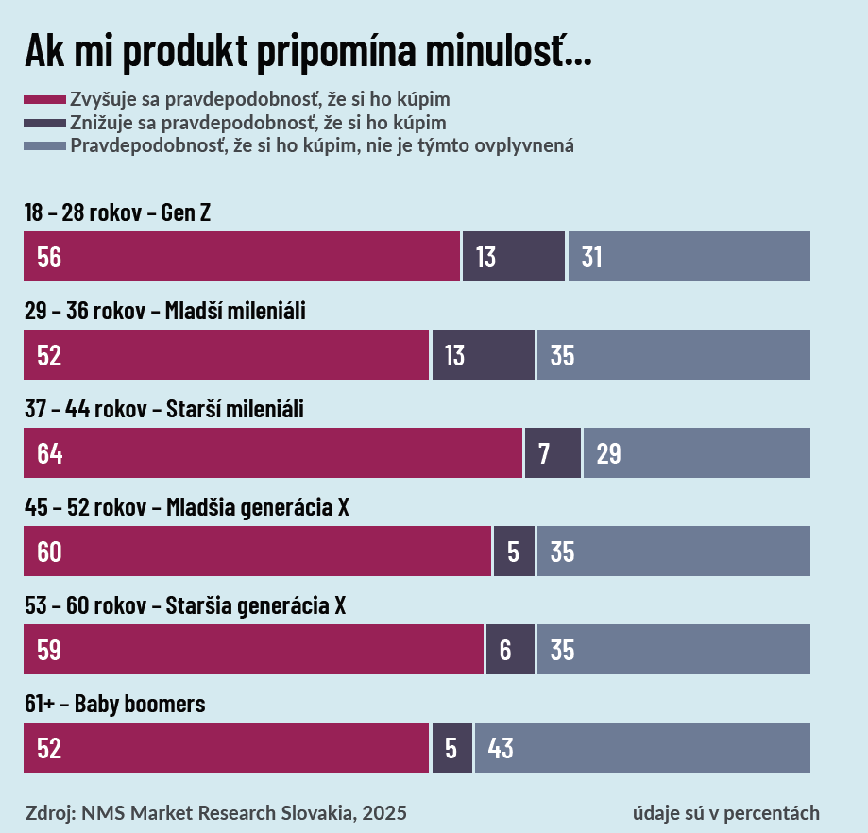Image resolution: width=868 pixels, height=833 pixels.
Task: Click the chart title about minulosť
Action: tap(307, 51)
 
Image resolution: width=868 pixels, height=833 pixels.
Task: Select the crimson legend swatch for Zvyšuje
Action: tap(45, 99)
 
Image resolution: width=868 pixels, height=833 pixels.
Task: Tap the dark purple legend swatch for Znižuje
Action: tap(45, 123)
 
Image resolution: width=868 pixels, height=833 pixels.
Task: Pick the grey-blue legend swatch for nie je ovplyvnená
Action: tap(45, 146)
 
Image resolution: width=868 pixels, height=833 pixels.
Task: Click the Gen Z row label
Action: tap(117, 213)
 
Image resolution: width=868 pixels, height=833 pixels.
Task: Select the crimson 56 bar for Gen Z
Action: tap(242, 257)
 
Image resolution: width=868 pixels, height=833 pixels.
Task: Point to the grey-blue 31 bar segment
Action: tap(689, 257)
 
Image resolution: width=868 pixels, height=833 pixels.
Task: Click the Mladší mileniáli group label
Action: tap(165, 312)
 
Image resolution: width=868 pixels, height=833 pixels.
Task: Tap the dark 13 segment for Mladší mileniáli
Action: tap(483, 355)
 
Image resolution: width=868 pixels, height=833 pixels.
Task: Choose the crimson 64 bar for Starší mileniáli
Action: tap(273, 453)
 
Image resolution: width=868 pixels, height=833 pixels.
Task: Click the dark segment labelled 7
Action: tap(553, 453)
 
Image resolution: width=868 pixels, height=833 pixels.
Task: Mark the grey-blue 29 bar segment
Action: tap(696, 453)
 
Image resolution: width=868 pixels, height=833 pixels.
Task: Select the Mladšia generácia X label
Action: tap(187, 508)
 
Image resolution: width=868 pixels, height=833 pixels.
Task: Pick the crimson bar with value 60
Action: tap(257, 552)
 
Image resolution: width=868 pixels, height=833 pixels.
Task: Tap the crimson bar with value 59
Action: tap(253, 650)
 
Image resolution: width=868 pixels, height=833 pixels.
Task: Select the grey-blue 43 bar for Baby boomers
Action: tap(642, 748)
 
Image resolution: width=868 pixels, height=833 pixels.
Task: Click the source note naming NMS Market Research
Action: tap(216, 812)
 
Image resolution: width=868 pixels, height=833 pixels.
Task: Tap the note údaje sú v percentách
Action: tap(725, 812)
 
